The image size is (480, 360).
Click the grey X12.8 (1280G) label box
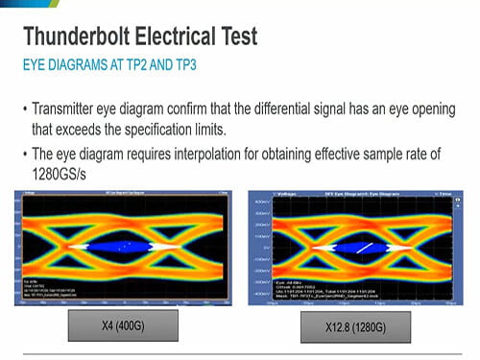354,327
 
